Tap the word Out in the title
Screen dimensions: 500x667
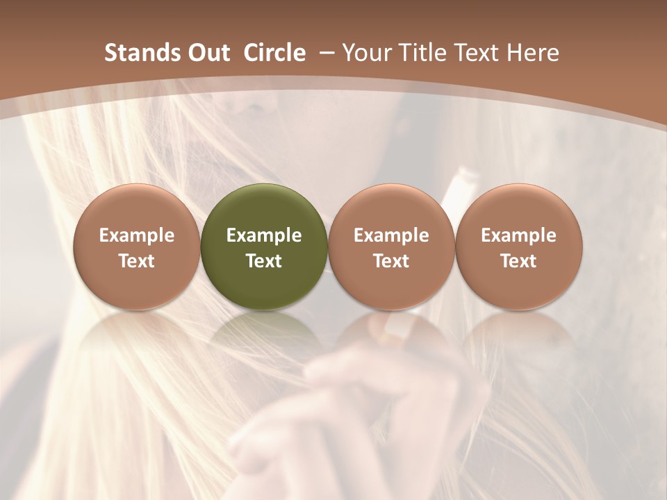point(206,53)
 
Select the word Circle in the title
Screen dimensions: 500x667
point(274,53)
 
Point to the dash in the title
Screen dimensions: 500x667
point(325,53)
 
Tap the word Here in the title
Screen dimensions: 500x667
point(532,53)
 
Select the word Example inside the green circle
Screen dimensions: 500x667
point(264,235)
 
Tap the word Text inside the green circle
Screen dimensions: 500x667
point(264,261)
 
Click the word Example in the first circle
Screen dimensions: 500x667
point(137,235)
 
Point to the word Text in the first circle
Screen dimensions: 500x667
point(137,261)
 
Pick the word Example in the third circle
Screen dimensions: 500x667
point(391,235)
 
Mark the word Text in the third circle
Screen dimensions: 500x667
point(391,261)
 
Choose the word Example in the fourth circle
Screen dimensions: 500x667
point(518,235)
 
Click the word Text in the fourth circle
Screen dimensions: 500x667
point(518,261)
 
